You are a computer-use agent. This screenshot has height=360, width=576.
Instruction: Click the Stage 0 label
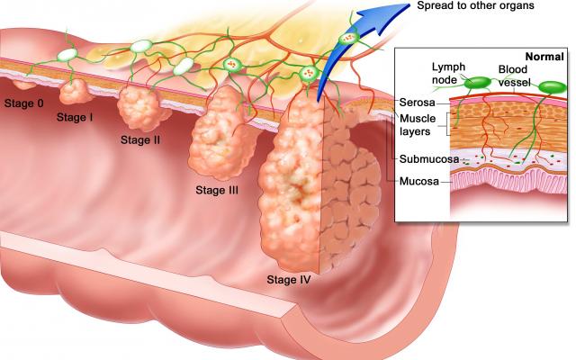point(24,103)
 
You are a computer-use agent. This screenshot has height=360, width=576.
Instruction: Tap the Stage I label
point(75,117)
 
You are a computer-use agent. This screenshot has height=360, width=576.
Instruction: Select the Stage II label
point(140,140)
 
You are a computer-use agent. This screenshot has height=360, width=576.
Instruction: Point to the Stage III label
point(217,190)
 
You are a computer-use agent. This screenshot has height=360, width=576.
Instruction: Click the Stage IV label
point(289,280)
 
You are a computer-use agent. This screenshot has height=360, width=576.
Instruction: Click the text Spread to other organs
point(475,5)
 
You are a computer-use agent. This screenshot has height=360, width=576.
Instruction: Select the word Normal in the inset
point(544,57)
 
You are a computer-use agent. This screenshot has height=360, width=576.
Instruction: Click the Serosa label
point(417,102)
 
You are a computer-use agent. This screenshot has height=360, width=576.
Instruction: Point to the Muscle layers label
point(418,125)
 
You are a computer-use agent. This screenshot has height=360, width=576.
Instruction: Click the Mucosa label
point(419,181)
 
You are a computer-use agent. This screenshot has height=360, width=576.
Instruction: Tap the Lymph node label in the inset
point(448,73)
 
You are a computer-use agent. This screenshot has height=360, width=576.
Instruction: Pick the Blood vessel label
point(514,76)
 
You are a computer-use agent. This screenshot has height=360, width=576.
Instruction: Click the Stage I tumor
point(76,92)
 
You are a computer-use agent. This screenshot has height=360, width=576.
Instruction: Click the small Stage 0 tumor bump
point(24,85)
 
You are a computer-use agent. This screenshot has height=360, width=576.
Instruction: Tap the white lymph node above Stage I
point(67,55)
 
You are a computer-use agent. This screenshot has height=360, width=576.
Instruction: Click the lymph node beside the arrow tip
point(347,38)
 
